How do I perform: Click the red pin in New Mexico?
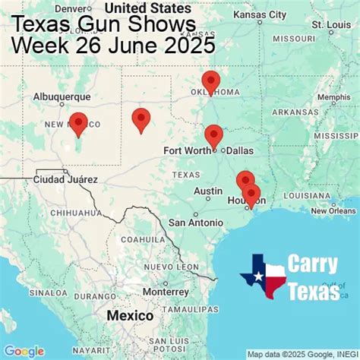[78, 122]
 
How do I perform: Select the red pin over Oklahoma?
[210, 81]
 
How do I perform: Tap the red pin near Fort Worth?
[213, 135]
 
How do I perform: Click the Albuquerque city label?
[62, 97]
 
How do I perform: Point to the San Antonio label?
[195, 223]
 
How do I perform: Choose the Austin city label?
[207, 191]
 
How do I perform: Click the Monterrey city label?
[185, 292]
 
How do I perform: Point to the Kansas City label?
[259, 14]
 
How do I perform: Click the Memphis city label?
[333, 97]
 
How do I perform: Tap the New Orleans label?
[332, 210]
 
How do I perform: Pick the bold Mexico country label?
[129, 315]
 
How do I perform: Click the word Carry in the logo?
[312, 266]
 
